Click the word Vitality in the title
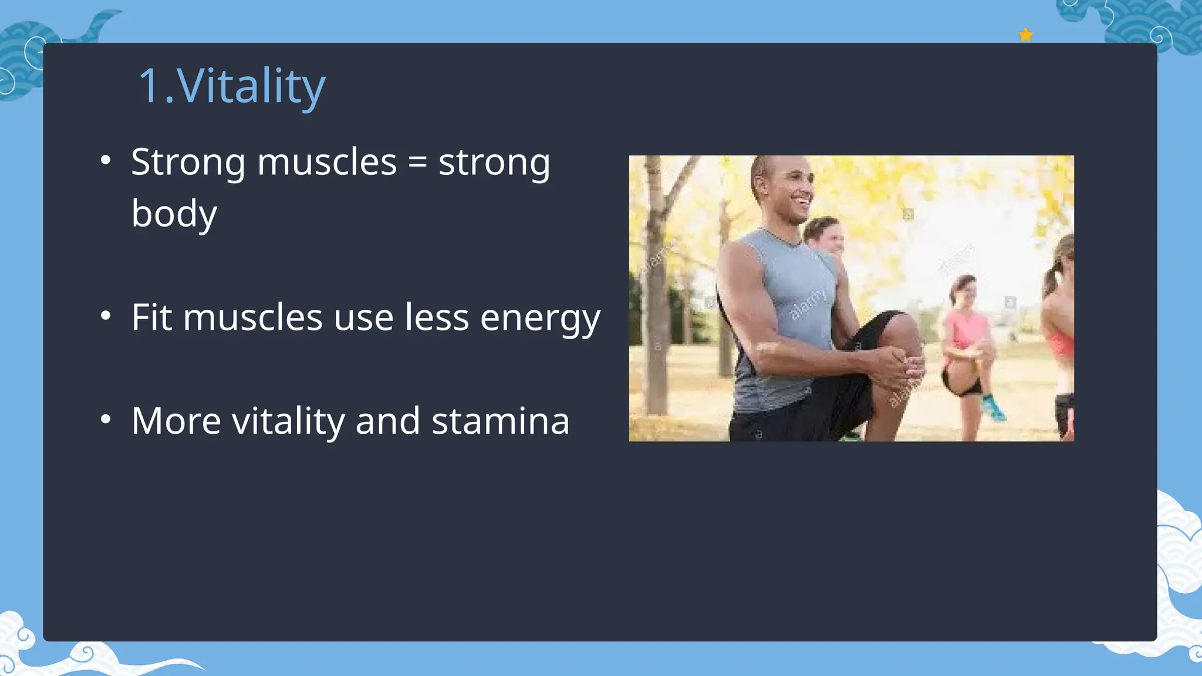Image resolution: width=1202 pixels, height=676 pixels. pos(251,87)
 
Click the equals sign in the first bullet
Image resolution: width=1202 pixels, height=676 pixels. pos(417,163)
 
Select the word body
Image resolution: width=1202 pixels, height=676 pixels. pos(174,214)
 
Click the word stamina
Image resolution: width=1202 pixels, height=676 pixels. pos(500,421)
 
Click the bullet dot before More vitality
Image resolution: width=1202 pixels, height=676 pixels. pos(106,420)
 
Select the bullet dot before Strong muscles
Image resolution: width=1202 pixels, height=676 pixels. pos(106,160)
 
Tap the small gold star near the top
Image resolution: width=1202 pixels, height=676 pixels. pos(1025,35)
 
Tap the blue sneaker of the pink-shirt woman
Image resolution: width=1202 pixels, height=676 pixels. pos(993,408)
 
